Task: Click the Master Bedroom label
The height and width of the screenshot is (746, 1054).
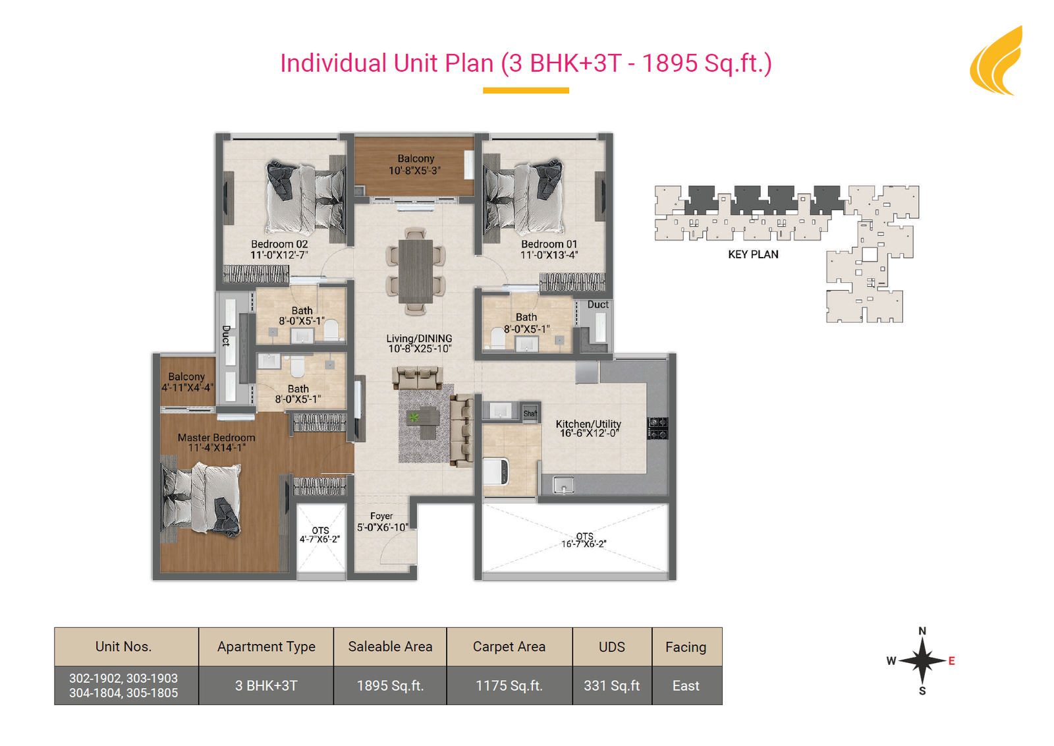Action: [217, 437]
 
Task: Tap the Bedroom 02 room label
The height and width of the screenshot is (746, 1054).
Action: [279, 244]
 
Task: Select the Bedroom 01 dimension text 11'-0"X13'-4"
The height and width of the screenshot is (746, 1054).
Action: [549, 255]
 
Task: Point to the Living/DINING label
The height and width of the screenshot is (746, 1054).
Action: [419, 339]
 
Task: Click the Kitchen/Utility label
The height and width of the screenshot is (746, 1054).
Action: [588, 424]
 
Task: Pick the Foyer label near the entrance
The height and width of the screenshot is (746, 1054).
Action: [381, 516]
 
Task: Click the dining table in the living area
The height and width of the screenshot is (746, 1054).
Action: [416, 271]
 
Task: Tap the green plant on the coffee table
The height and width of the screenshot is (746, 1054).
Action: [414, 417]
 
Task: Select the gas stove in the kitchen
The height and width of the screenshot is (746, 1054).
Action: [657, 428]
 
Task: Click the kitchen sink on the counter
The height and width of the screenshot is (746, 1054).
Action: [564, 485]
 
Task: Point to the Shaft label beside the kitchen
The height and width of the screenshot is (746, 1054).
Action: [530, 414]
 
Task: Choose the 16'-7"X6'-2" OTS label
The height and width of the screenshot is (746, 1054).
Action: [584, 544]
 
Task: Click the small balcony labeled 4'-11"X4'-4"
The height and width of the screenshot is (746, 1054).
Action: [187, 382]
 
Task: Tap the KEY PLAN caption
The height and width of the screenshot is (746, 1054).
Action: [753, 254]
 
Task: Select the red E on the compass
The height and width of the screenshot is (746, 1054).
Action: [951, 661]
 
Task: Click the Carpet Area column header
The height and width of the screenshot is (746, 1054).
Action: [509, 646]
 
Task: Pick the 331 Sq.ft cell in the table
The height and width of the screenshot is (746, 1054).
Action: [612, 686]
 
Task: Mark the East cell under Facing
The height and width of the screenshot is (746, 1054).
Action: [686, 686]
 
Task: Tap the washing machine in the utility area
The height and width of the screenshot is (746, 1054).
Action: [495, 471]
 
